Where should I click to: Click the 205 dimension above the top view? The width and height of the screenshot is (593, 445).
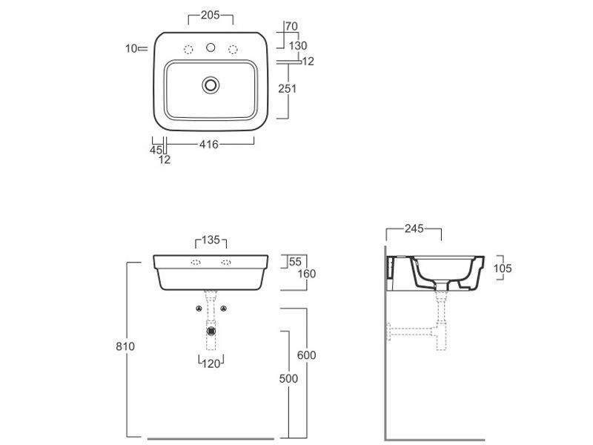(211, 15)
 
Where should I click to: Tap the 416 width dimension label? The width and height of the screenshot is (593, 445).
(209, 144)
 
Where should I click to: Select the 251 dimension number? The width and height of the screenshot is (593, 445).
(288, 88)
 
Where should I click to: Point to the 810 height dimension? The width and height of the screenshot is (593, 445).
(125, 346)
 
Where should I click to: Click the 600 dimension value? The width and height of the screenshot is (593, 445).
(306, 355)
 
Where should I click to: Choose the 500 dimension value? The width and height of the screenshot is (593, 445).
(288, 378)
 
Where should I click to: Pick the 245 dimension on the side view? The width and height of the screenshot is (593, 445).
(414, 228)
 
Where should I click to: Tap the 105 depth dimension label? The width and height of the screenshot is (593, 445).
(503, 268)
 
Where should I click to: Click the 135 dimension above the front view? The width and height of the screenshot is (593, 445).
(211, 240)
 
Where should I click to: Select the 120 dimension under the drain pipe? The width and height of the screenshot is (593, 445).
(211, 363)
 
